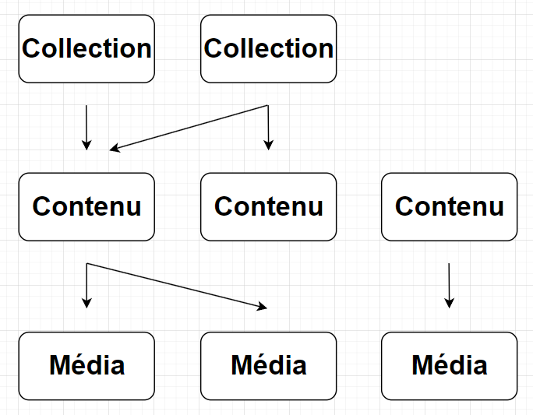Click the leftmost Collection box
[86, 48]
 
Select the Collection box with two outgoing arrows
[268, 48]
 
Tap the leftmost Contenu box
[86, 206]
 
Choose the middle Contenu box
[268, 206]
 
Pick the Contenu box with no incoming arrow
[449, 206]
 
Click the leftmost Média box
[86, 365]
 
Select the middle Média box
[268, 365]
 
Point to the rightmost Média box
[449, 365]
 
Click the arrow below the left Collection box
[86, 126]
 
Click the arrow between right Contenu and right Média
[449, 284]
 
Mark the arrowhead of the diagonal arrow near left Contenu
[114, 148]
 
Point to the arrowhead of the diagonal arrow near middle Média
[263, 307]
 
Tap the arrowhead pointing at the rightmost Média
[449, 304]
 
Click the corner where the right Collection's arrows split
[268, 105]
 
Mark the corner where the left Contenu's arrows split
[86, 264]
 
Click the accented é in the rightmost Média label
[443, 365]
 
